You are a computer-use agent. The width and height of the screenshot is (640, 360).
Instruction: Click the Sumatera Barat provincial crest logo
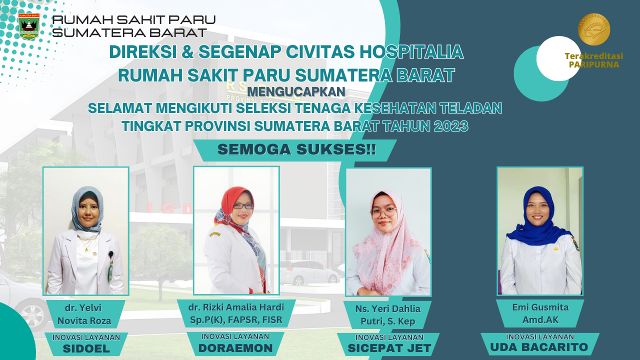29,26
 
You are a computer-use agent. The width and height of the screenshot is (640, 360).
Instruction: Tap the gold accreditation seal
594,29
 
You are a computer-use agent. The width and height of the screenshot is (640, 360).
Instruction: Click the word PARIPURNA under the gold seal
594,64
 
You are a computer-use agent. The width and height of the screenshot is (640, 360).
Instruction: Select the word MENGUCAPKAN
296,91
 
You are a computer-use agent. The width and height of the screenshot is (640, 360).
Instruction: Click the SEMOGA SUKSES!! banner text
297,149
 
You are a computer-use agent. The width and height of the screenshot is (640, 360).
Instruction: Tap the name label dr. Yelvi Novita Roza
84,314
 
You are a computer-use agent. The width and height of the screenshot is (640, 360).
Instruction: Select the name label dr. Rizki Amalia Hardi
236,313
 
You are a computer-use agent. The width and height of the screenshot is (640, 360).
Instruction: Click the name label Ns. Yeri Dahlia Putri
387,315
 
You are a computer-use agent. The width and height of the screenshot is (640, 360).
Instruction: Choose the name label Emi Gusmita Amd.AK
540,313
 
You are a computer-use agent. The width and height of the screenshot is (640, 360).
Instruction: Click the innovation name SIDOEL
86,348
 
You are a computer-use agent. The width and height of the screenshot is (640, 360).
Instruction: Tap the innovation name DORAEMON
235,348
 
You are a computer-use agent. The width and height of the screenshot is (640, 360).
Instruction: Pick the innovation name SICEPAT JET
389,348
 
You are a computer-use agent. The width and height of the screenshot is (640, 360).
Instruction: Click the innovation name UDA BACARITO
539,347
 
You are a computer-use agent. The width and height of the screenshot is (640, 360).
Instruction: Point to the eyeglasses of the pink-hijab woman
384,212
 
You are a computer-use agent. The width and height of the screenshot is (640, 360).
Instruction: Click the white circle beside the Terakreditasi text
558,58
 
